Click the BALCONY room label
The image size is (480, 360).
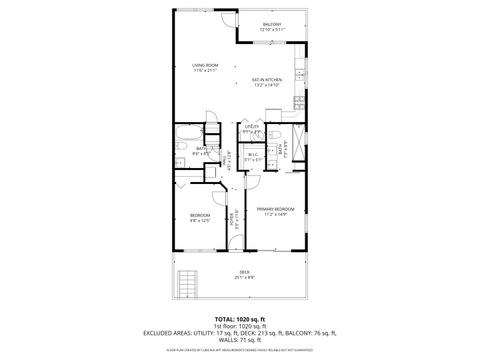[272, 24]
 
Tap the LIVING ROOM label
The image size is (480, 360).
[205, 66]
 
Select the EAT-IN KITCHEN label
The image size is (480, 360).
[266, 79]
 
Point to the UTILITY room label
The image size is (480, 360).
[252, 126]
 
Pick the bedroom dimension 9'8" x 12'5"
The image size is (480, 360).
[200, 221]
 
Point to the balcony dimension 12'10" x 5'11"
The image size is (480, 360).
[272, 30]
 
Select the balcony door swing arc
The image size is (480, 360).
[229, 19]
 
